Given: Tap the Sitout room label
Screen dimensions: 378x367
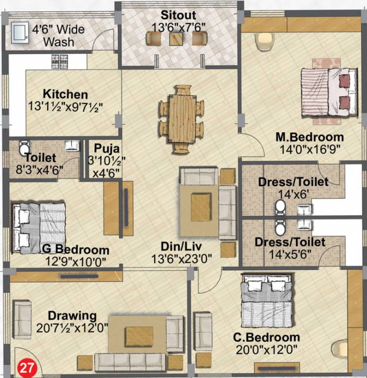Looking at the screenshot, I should (178, 15).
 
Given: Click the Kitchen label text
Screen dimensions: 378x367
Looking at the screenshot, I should (65, 94).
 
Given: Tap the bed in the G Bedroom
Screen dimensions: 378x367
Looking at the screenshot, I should (39, 226).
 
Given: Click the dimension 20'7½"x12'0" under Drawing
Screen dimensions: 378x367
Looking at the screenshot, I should (72, 328).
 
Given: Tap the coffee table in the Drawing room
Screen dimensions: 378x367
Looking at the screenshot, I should (138, 337).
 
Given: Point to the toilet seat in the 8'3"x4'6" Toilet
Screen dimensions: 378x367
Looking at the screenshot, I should (23, 147).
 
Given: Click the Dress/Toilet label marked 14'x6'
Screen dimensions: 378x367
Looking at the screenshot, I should (293, 183).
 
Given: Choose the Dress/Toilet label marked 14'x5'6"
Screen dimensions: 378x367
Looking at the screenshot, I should (290, 242).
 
